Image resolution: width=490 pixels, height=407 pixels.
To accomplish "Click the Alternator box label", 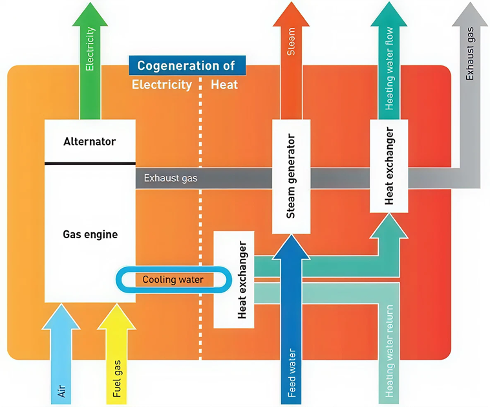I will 90,141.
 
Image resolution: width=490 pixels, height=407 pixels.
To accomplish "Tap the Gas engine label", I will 90,234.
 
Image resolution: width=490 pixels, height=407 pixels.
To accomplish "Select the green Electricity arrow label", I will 90,49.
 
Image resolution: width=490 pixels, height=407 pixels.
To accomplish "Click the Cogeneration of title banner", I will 187,66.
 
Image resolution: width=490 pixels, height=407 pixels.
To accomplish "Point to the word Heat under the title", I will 224,85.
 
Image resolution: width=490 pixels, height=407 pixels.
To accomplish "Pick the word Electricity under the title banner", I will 162,85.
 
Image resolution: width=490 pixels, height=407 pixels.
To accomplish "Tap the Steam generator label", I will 290,175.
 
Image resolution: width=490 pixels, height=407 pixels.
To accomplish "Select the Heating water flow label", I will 389,67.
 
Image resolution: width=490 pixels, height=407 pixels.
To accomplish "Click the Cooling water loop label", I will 173,280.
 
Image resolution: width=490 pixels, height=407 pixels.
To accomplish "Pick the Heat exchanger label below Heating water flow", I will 389,166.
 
